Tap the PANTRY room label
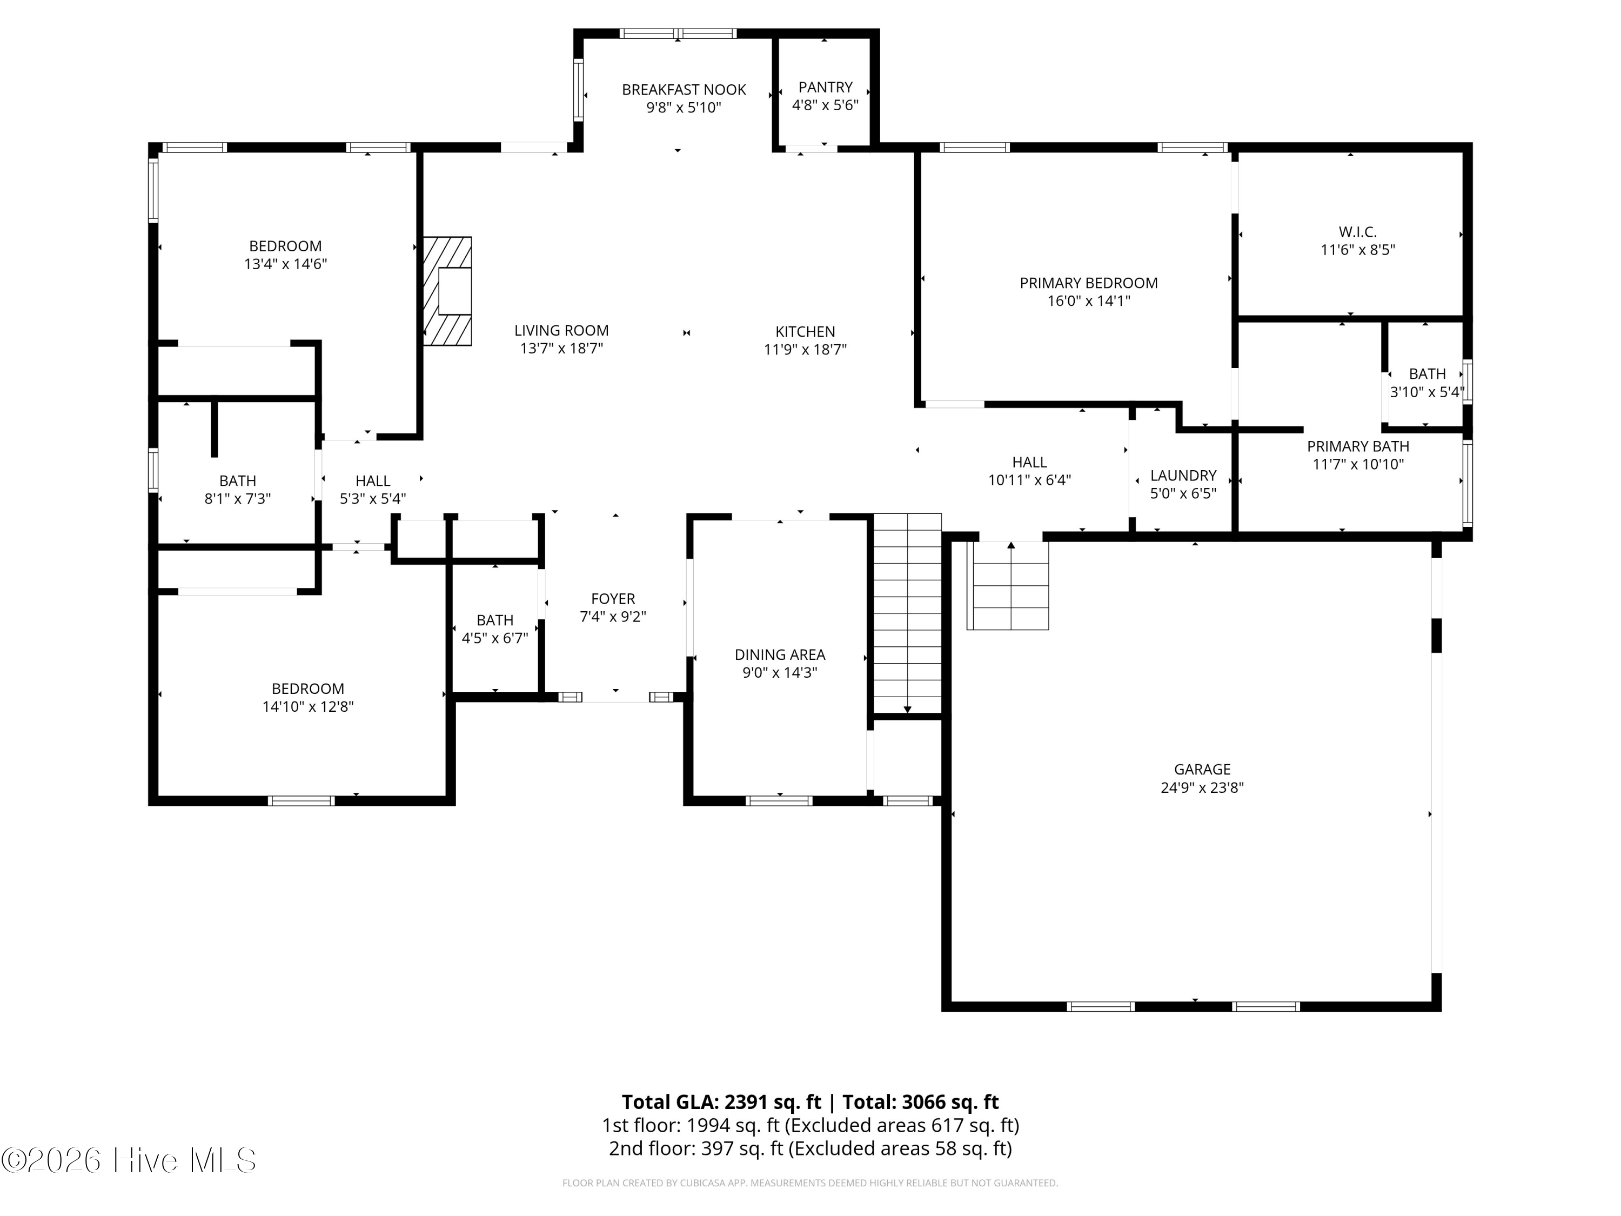825,87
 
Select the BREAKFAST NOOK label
684,89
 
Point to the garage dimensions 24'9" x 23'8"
1202,788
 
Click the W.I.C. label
1357,232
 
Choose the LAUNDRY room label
1183,476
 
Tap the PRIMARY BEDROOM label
1088,283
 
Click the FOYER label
613,599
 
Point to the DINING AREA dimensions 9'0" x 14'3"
780,673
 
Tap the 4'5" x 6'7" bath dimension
494,638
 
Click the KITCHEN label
805,331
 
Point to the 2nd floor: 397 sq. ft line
810,1148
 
